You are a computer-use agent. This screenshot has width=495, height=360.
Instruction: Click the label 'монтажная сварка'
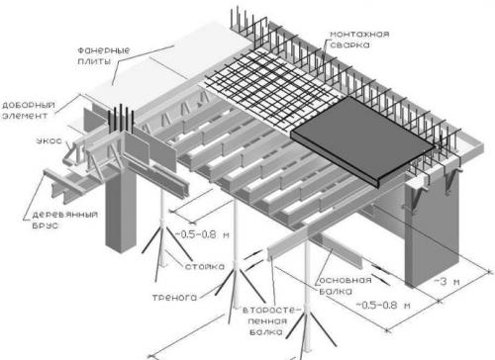pyautogui.click(x=359, y=40)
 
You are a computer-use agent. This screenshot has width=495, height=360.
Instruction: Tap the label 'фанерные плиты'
pyautogui.click(x=104, y=56)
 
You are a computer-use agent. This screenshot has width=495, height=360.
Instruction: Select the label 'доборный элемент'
pyautogui.click(x=28, y=111)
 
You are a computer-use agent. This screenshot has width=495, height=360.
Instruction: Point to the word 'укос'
pyautogui.click(x=49, y=140)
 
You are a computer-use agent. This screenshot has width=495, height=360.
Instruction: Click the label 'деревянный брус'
pyautogui.click(x=64, y=221)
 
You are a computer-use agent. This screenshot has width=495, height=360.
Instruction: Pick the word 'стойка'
pyautogui.click(x=205, y=266)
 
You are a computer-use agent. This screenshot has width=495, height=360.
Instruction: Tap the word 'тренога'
pyautogui.click(x=174, y=298)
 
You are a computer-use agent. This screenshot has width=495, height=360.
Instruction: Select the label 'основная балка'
pyautogui.click(x=346, y=286)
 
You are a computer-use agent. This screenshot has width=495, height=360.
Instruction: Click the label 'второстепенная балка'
pyautogui.click(x=271, y=321)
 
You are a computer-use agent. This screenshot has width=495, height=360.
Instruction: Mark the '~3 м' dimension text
pyautogui.click(x=446, y=282)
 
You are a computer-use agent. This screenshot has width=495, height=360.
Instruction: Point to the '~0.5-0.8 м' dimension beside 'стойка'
pyautogui.click(x=202, y=234)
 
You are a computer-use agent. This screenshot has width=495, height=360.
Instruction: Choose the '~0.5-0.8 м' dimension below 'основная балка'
pyautogui.click(x=383, y=305)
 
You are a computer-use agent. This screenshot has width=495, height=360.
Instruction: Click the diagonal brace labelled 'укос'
pyautogui.click(x=70, y=152)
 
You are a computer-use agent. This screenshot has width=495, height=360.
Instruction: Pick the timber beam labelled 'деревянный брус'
pyautogui.click(x=66, y=185)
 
